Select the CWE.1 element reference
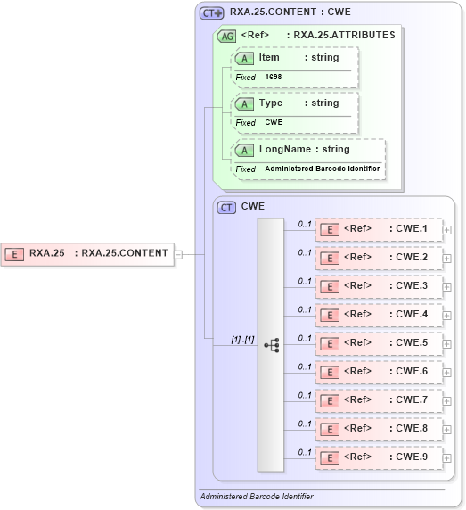379,231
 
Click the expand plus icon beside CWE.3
447,287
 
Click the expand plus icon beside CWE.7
447,401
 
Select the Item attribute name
269,57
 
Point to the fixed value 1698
273,78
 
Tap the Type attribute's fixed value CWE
274,122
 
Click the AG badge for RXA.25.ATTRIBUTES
227,36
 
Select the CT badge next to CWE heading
227,207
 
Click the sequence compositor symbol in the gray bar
271,343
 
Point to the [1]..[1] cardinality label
242,339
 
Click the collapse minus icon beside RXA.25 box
178,253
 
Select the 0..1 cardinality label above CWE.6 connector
305,366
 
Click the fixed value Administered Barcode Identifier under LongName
322,169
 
